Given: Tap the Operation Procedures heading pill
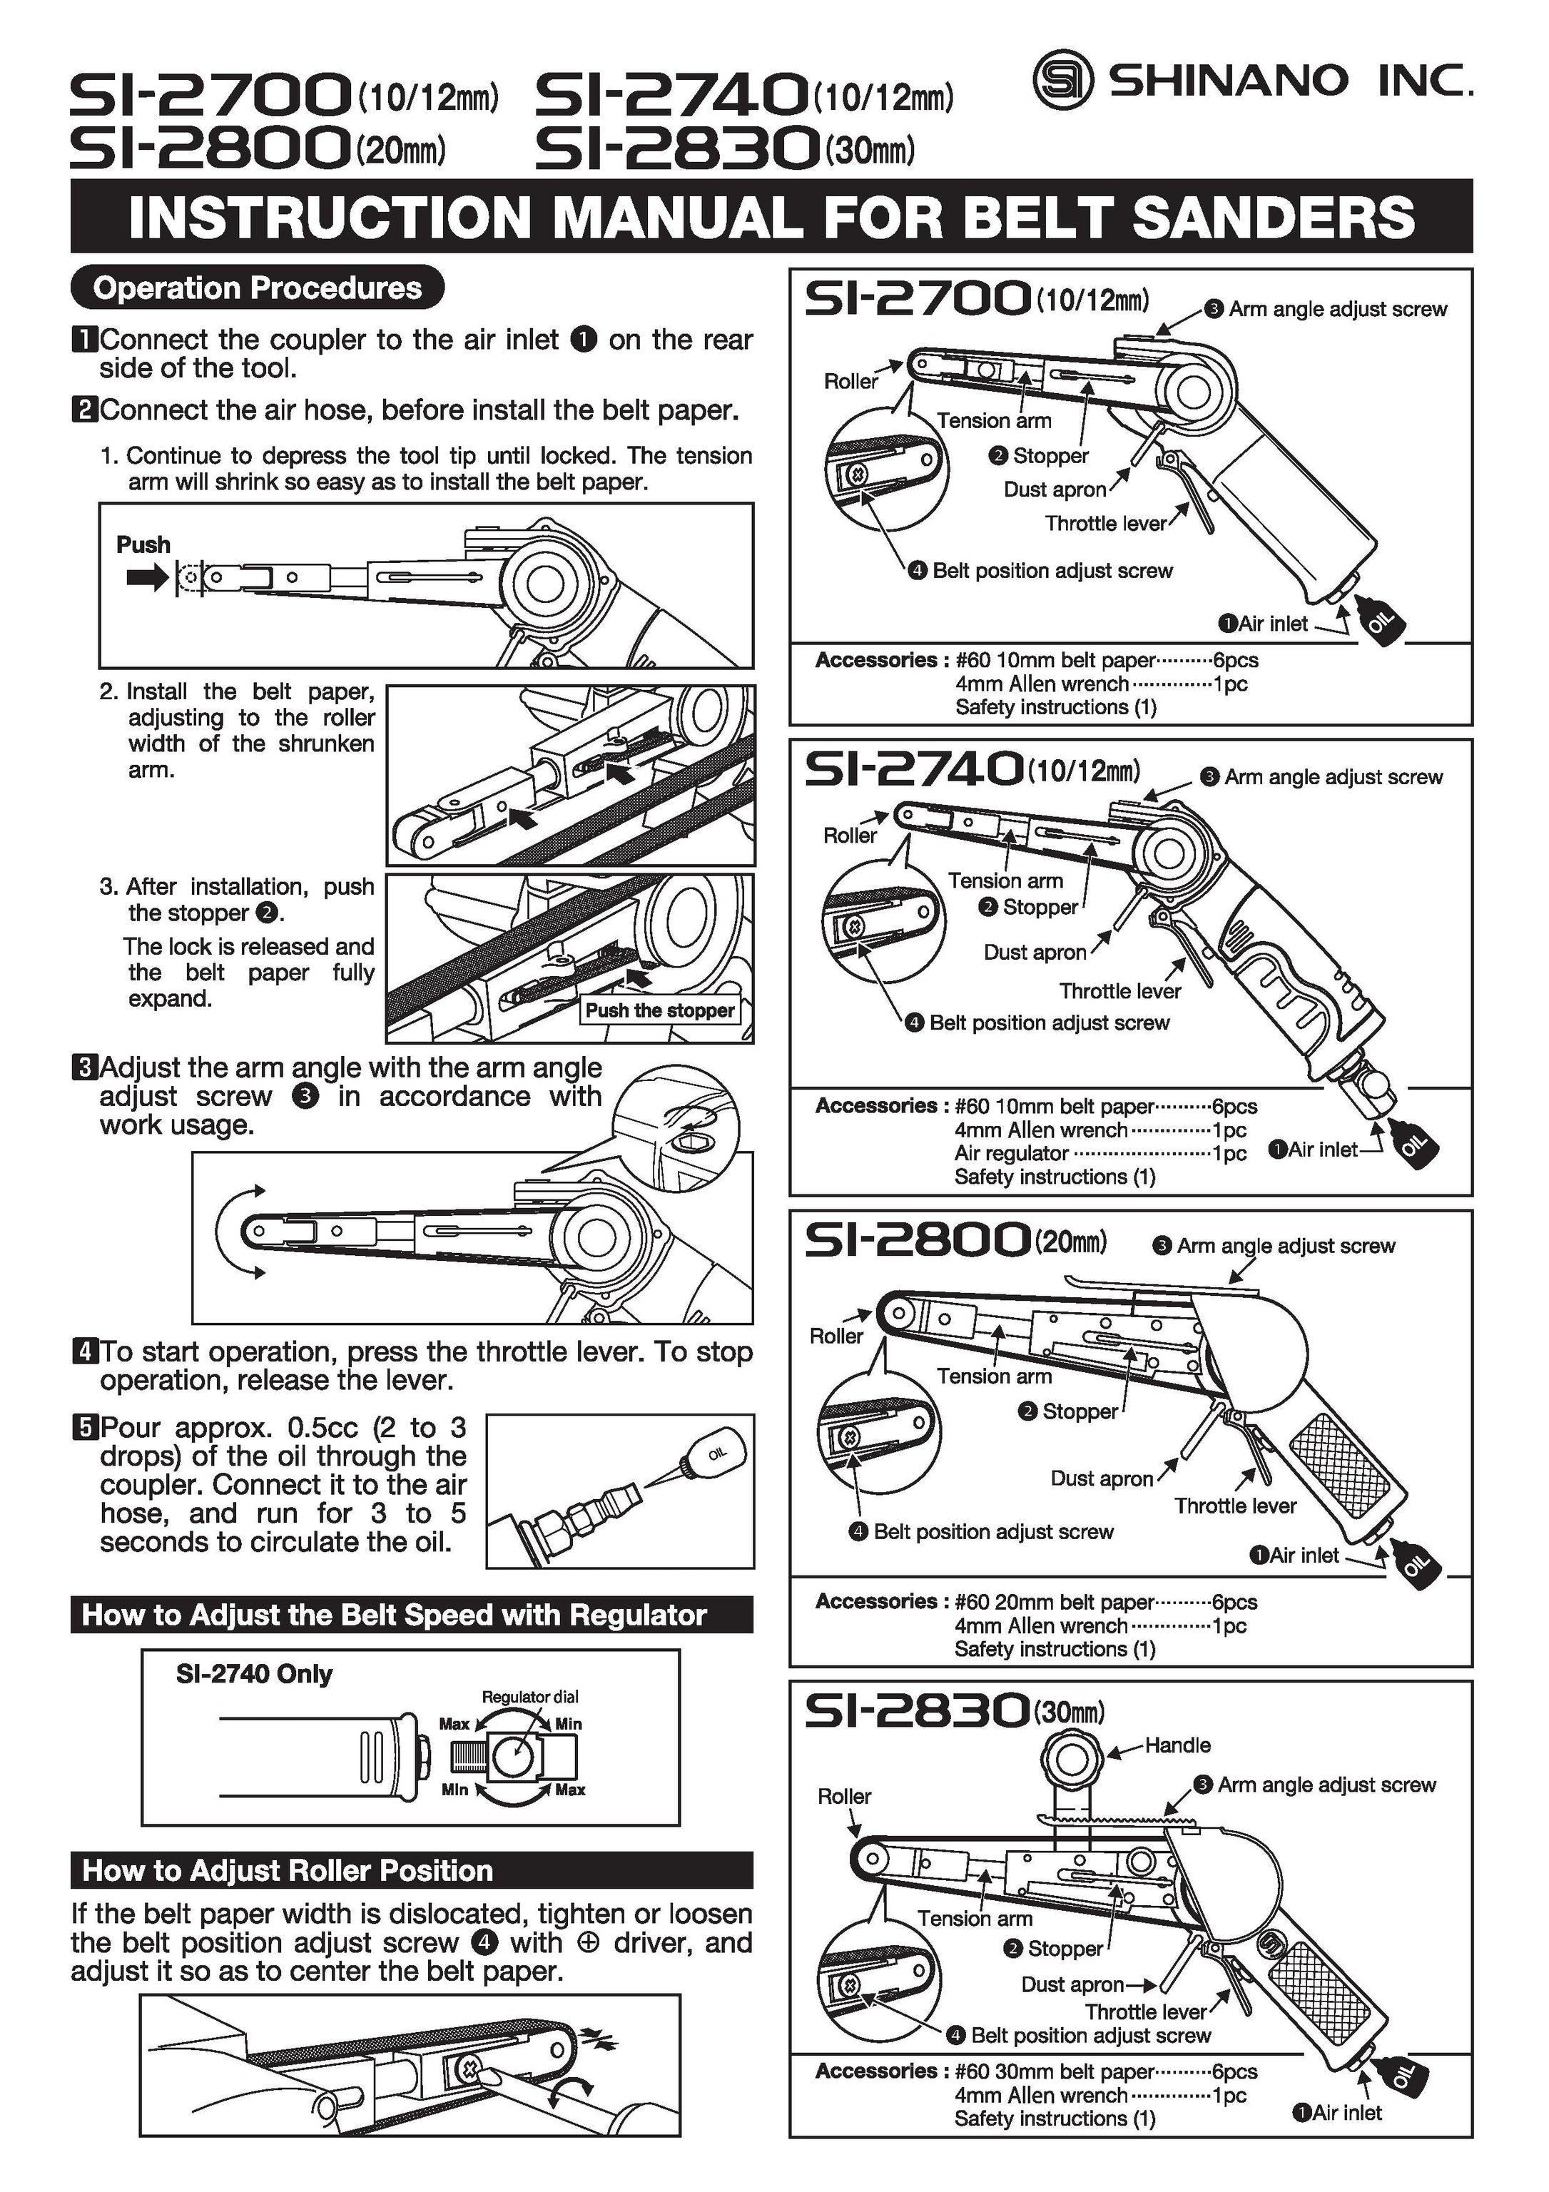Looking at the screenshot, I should click(258, 288).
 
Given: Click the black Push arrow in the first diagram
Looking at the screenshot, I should click(146, 577).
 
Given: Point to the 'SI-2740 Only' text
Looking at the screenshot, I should click(254, 1673).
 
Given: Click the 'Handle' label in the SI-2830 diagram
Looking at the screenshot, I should click(1178, 1745).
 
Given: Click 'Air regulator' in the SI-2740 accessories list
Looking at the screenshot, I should click(1011, 1153).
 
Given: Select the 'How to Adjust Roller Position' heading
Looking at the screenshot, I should click(288, 1870).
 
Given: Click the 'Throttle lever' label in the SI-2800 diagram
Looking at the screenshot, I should click(1235, 1506).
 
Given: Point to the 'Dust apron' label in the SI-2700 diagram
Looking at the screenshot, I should click(1055, 489).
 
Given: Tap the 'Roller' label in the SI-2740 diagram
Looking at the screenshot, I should click(850, 836).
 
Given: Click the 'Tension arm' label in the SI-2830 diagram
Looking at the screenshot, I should click(975, 1918).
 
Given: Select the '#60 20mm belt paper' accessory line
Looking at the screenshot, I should click(1054, 1602).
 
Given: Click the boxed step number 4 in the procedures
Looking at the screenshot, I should click(85, 1352).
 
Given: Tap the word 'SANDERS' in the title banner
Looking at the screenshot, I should click(1273, 217).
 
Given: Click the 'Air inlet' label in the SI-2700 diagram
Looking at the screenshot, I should click(1272, 624).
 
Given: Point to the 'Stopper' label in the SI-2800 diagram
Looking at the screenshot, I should click(1080, 1411).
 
